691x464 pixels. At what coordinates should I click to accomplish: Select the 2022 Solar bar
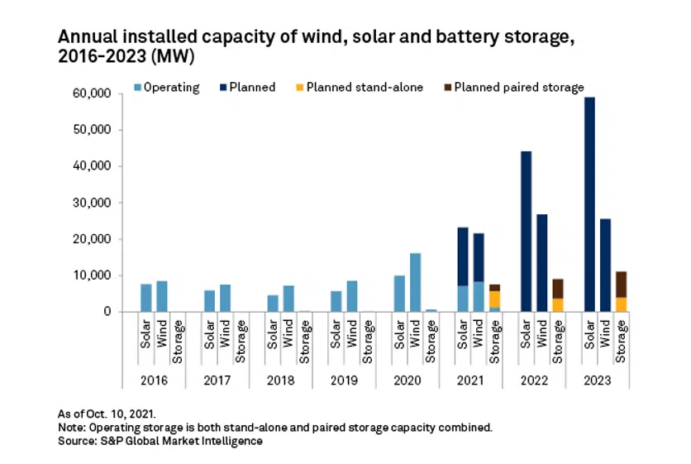point(526,232)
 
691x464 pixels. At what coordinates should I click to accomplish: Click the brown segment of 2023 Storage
point(622,284)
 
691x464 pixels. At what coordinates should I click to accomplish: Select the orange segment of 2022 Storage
point(558,304)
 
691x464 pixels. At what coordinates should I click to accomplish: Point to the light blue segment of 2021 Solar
point(463,299)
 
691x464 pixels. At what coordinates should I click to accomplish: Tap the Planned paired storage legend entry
point(513,87)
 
